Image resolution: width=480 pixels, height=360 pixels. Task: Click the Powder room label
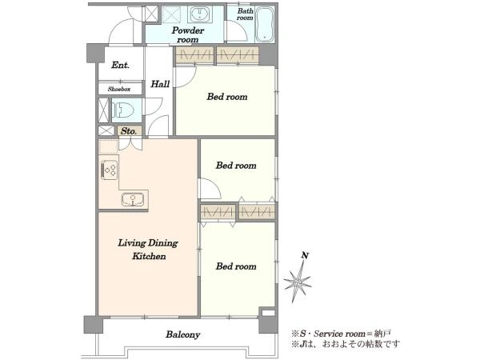pyautogui.click(x=188, y=35)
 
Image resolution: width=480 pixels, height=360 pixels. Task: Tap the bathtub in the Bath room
pyautogui.click(x=265, y=24)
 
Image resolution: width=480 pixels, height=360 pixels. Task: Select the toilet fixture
pyautogui.click(x=123, y=110)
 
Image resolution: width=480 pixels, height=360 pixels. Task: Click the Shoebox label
pyautogui.click(x=119, y=89)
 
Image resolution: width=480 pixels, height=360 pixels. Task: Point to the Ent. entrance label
pyautogui.click(x=120, y=65)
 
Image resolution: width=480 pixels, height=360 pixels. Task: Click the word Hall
pyautogui.click(x=160, y=84)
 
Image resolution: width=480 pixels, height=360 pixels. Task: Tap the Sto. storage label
pyautogui.click(x=129, y=131)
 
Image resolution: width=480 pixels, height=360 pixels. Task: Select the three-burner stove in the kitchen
pyautogui.click(x=110, y=170)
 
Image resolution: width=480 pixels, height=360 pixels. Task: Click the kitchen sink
pyautogui.click(x=133, y=199)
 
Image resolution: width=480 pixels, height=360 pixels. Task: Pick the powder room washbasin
pyautogui.click(x=199, y=14)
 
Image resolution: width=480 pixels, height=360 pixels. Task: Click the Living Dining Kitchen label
pyautogui.click(x=148, y=250)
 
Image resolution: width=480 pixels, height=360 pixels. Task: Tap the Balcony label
pyautogui.click(x=183, y=334)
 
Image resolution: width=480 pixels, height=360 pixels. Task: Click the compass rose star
pyautogui.click(x=298, y=282)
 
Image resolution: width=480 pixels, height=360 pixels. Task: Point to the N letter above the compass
pyautogui.click(x=305, y=255)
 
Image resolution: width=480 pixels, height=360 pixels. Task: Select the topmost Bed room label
pyautogui.click(x=227, y=97)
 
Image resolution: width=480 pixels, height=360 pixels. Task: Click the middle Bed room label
pyautogui.click(x=236, y=166)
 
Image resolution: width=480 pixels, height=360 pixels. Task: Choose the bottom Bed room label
pyautogui.click(x=236, y=266)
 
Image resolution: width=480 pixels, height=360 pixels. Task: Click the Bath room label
pyautogui.click(x=246, y=14)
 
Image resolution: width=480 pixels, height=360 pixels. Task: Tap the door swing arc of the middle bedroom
pyautogui.click(x=216, y=186)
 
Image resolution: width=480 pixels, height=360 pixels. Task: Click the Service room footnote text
pyautogui.click(x=341, y=334)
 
